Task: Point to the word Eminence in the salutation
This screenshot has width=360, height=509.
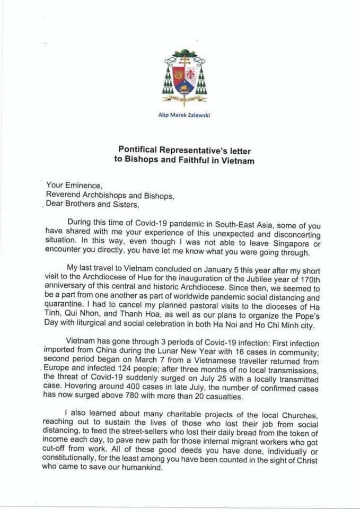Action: coord(82,186)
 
